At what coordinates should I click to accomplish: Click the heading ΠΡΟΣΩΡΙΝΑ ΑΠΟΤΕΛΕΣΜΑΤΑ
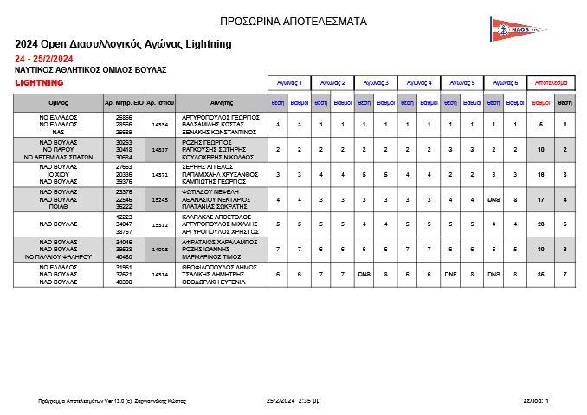(293, 21)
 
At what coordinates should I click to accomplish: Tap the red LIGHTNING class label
(40, 83)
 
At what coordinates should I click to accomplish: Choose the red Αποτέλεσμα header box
(551, 83)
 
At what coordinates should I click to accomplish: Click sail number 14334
(160, 125)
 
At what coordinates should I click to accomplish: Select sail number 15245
(160, 199)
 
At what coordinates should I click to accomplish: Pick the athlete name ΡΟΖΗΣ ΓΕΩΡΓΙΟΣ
(207, 141)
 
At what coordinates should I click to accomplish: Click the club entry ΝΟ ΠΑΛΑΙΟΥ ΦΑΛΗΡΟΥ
(60, 256)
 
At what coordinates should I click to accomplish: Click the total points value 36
(540, 274)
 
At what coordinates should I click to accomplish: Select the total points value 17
(540, 199)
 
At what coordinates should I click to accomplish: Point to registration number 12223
(124, 217)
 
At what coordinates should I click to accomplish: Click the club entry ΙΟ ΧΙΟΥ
(60, 174)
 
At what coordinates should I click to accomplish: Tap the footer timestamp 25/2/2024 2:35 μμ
(293, 401)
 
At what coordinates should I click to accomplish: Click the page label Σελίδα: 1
(535, 401)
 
